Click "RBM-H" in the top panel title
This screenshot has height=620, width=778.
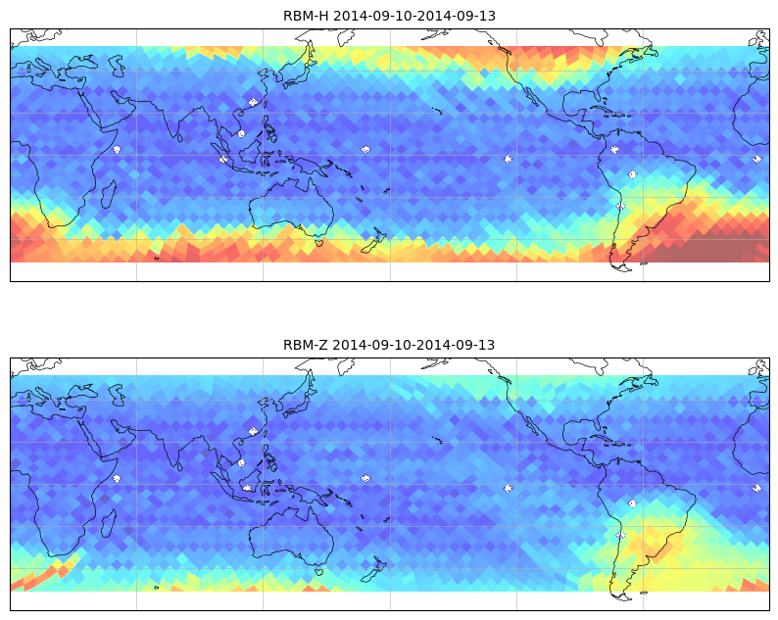306,16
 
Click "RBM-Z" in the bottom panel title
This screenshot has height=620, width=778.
306,345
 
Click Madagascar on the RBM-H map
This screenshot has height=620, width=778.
109,193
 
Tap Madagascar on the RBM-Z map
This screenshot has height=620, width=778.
109,523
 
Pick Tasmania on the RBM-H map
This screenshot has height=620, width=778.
320,243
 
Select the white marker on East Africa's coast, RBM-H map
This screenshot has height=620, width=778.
117,149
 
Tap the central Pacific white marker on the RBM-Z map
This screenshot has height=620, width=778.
365,479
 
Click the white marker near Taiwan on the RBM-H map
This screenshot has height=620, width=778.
254,102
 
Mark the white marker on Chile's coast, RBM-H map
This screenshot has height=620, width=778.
620,206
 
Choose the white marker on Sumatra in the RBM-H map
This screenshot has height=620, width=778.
223,160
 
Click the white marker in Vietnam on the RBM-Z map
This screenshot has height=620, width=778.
241,462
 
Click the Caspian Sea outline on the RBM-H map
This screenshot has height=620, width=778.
118,66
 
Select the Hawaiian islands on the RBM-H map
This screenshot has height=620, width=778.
437,111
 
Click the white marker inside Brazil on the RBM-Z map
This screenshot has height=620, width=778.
633,503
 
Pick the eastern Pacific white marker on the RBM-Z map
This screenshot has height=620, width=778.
509,489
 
